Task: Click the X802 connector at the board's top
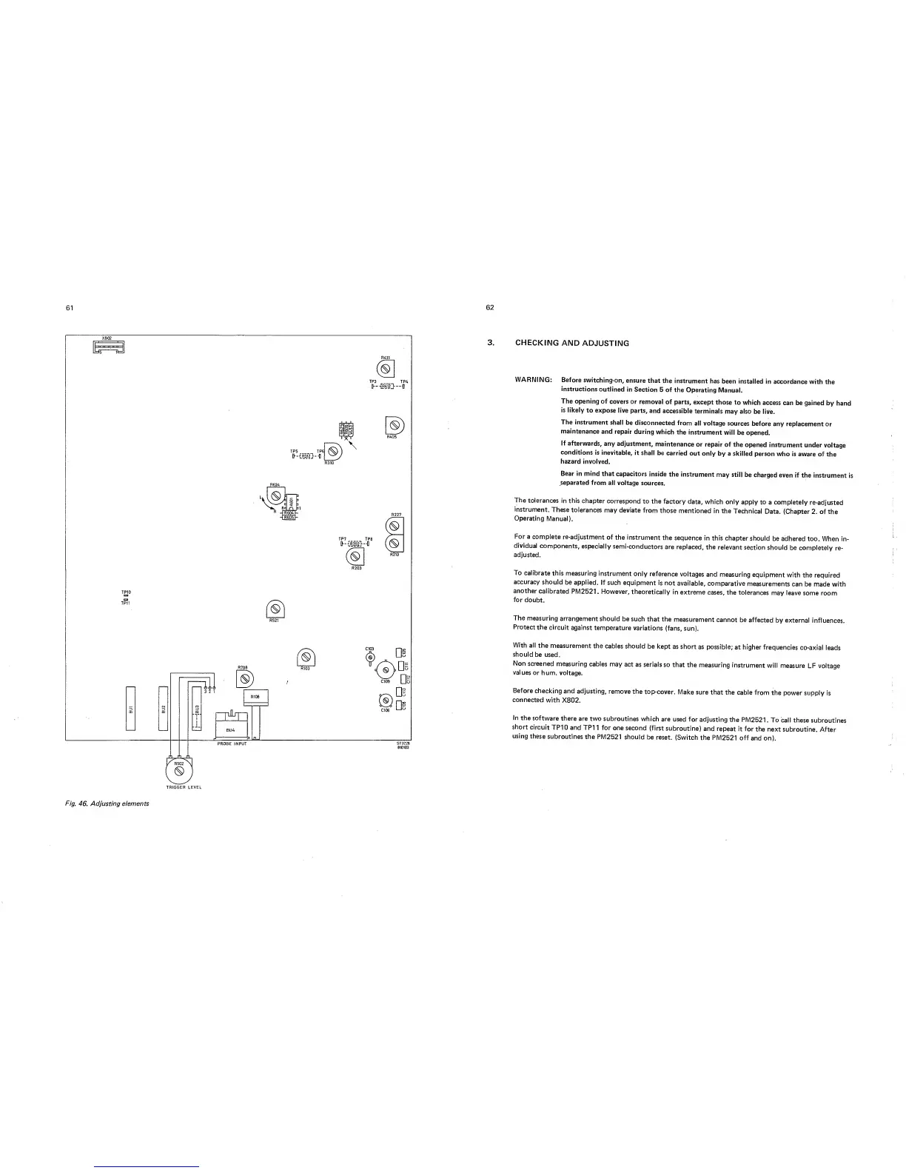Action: (108, 347)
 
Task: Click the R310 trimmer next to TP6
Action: (333, 450)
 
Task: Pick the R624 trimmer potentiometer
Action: (274, 495)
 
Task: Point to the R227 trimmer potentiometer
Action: (396, 527)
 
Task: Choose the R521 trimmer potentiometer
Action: (272, 610)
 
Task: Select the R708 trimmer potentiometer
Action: (244, 678)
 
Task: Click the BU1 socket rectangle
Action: (131, 709)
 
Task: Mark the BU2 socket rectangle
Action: (164, 709)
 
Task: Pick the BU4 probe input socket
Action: (231, 725)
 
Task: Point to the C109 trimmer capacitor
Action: (385, 670)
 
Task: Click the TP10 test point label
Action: (125, 592)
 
